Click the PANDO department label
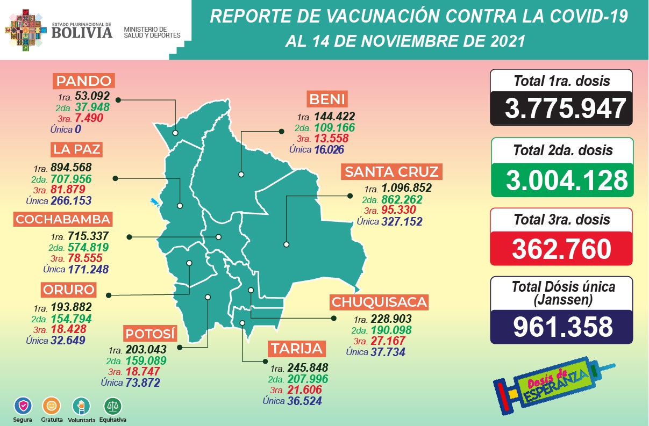tap(84, 82)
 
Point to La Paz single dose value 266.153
tap(71, 201)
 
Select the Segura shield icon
tap(23, 405)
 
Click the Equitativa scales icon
tap(113, 405)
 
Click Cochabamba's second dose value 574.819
tap(88, 248)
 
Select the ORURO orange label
tap(69, 290)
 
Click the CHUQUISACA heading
tap(380, 302)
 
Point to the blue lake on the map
tap(155, 204)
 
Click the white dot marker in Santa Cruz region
tap(287, 244)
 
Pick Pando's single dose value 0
tap(78, 129)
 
